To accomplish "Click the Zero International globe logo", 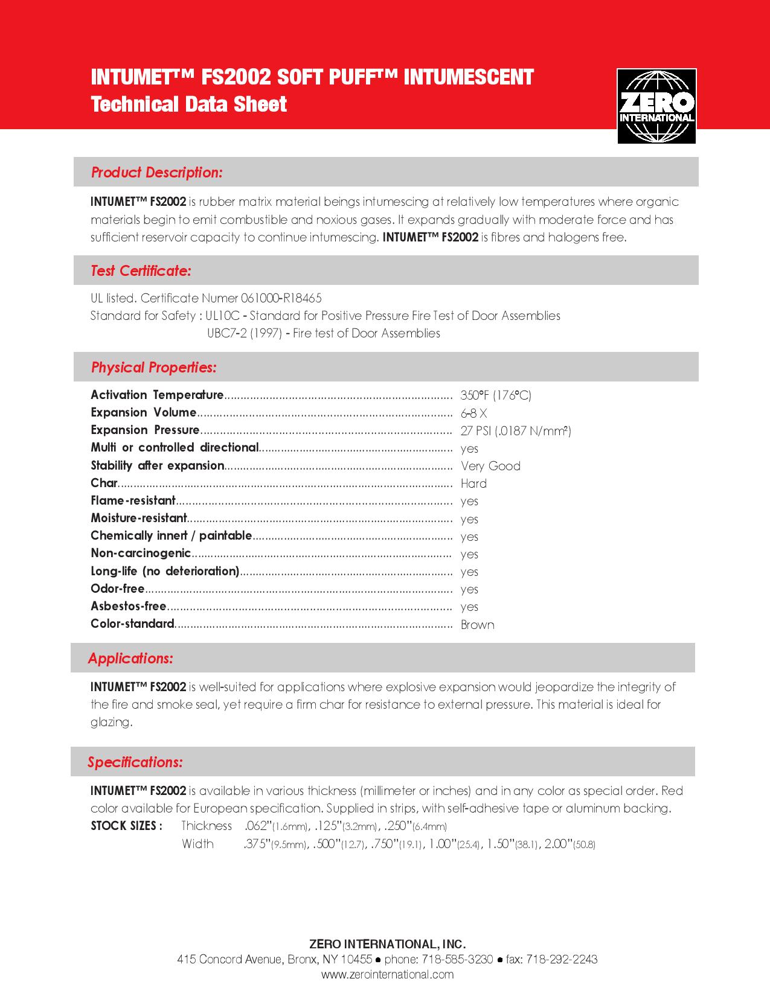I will (656, 106).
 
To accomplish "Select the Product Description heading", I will (157, 173).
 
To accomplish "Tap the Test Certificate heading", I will (141, 271).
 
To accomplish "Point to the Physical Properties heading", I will (153, 368).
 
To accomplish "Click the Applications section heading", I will (130, 659).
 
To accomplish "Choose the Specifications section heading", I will (135, 762).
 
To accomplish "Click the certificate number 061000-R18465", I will (281, 298).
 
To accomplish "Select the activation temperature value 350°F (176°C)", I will (496, 395).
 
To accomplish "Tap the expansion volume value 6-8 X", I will (473, 413).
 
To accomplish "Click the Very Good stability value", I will (490, 466).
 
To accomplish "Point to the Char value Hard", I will (473, 484).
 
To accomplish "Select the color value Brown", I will (477, 625).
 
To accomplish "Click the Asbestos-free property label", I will (128, 607).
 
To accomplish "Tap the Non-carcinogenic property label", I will (141, 554).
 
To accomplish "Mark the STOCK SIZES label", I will (126, 826).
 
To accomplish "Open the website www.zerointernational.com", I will (387, 974).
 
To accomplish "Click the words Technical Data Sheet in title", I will (188, 104).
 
